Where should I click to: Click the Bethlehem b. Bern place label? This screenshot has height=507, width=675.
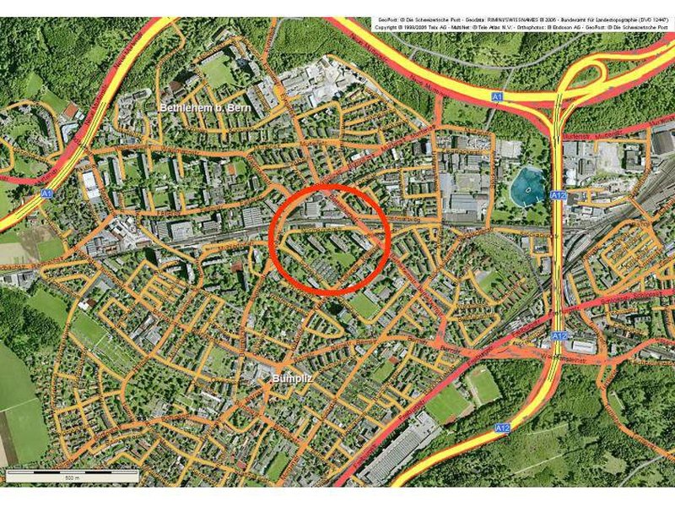[x=206, y=108]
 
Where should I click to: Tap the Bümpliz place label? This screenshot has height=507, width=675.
[x=293, y=379]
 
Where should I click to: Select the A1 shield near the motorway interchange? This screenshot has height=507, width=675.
[x=497, y=98]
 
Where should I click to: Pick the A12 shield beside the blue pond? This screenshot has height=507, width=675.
[x=559, y=194]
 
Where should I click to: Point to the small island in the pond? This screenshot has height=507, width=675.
[x=527, y=190]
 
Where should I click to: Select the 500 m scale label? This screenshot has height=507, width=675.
[x=71, y=478]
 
